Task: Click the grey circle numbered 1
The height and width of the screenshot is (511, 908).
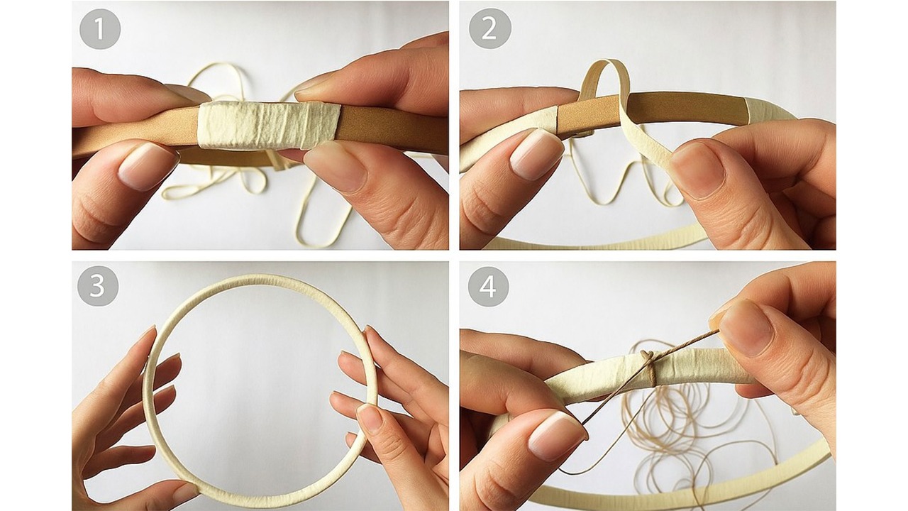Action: (x=100, y=29)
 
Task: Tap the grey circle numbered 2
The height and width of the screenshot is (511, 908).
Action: (x=489, y=29)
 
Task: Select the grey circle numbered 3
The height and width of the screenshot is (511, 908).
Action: (x=98, y=286)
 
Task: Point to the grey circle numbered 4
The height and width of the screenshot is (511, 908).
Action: (x=488, y=287)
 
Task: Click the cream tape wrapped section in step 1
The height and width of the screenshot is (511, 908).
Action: (x=268, y=125)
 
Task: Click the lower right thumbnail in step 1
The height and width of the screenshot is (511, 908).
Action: (x=334, y=167)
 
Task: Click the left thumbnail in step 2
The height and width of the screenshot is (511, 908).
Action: (x=536, y=155)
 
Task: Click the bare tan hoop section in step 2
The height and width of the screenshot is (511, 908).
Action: (x=653, y=115)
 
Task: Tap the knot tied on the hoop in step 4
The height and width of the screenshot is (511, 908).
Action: (x=648, y=357)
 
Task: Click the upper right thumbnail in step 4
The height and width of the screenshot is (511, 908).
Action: (x=745, y=329)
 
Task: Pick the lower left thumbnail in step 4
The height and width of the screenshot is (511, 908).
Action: (x=557, y=436)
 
